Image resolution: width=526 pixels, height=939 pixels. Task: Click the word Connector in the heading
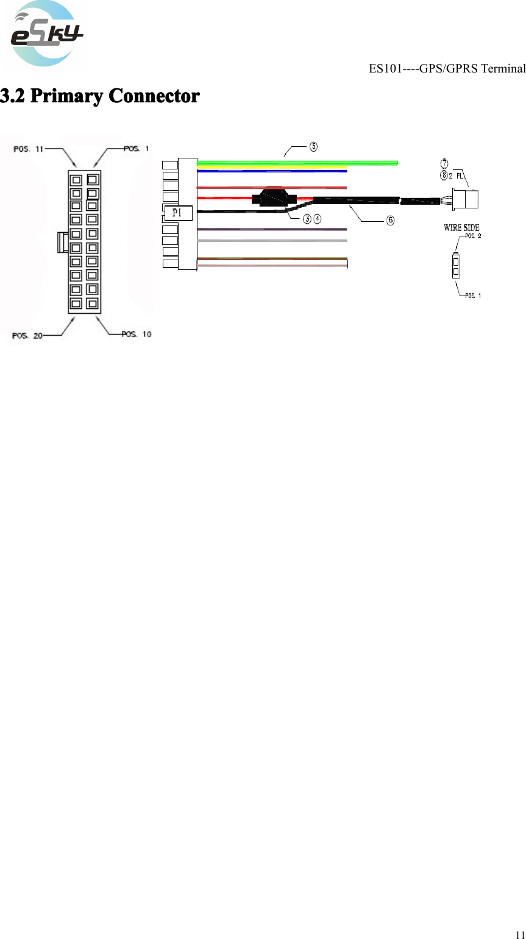tap(154, 96)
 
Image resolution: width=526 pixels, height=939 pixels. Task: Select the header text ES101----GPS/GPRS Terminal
tap(447, 68)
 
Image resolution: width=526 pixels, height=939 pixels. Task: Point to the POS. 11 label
tap(29, 149)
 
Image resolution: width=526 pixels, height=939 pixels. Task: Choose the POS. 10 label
tap(137, 334)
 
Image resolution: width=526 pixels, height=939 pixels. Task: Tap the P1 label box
tap(177, 213)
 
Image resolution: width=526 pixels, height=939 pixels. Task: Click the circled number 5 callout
tap(313, 147)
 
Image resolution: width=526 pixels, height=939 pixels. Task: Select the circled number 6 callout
tap(390, 219)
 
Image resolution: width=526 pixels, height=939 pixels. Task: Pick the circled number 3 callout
tap(308, 219)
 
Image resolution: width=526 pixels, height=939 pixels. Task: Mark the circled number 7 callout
tap(444, 163)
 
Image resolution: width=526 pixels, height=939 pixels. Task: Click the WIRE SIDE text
tap(461, 228)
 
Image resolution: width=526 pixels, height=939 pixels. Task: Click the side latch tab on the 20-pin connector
tap(61, 241)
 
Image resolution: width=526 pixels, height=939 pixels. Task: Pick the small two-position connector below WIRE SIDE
tap(455, 266)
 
